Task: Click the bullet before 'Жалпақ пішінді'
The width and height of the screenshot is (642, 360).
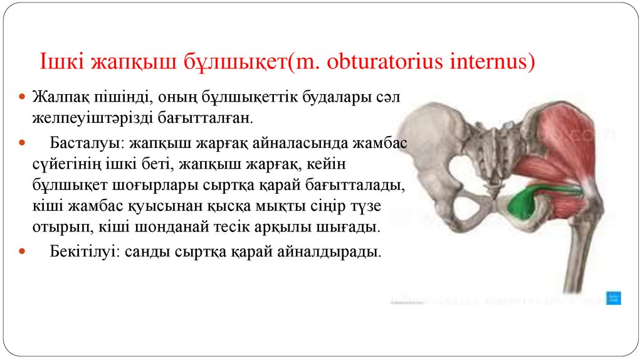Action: point(22,98)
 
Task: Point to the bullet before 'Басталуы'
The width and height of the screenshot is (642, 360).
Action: point(22,144)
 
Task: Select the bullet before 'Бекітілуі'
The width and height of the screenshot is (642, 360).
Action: point(22,252)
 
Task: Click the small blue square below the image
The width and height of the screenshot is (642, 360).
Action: point(613,297)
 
